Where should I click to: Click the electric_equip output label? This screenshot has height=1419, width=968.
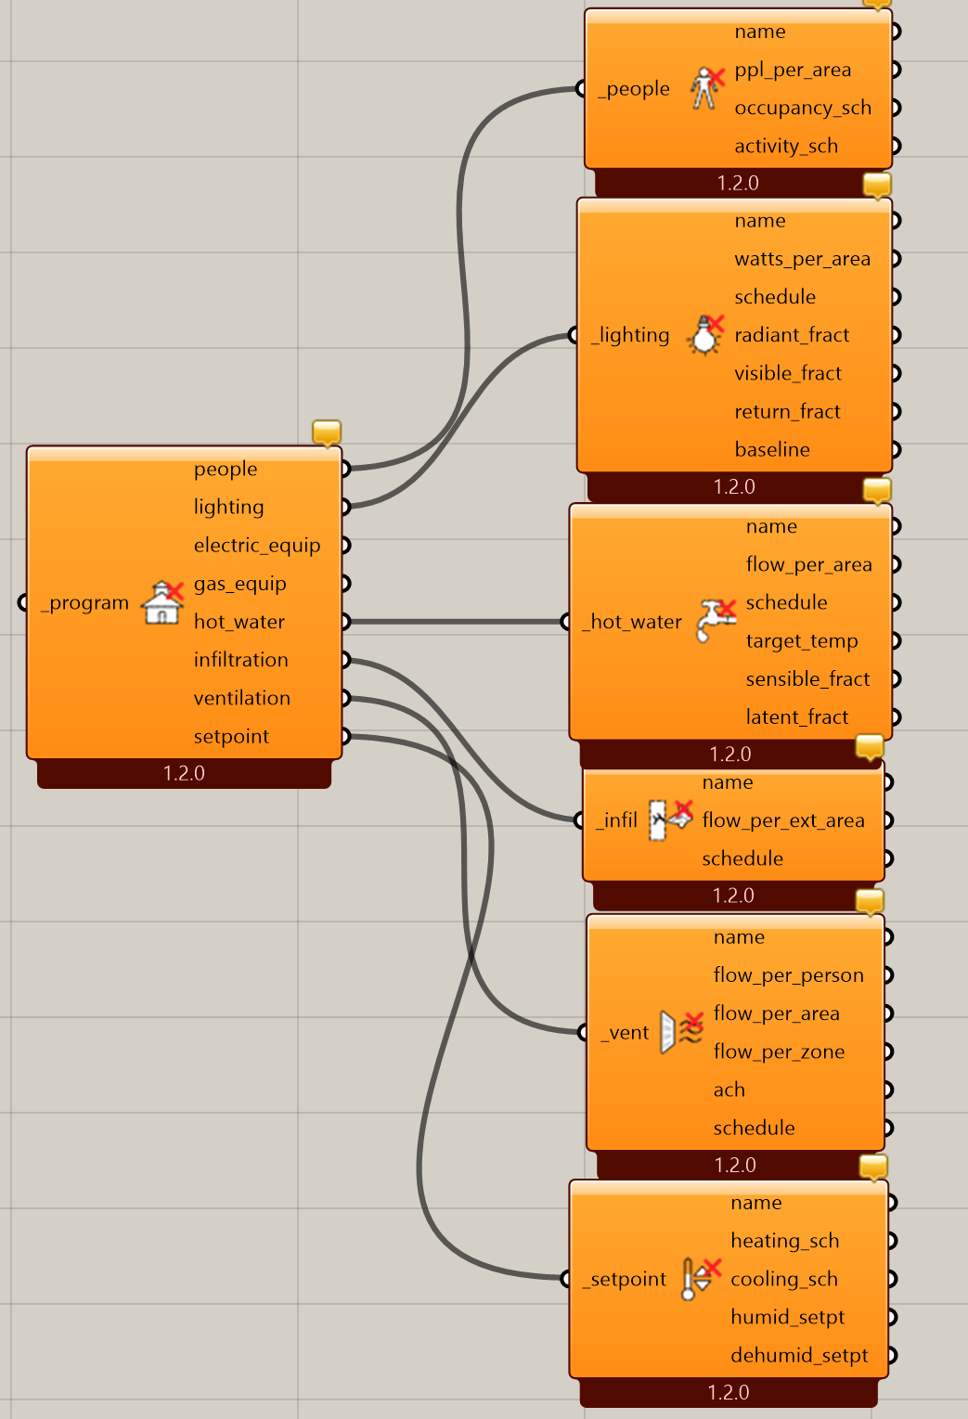pyautogui.click(x=256, y=546)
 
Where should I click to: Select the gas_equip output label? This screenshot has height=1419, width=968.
pyautogui.click(x=239, y=584)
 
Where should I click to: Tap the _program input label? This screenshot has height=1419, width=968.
pyautogui.click(x=84, y=602)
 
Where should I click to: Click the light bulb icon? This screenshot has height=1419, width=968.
pyautogui.click(x=705, y=334)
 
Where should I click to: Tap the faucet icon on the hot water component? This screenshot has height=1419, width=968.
pyautogui.click(x=716, y=621)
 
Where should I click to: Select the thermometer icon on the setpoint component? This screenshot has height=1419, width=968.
pyautogui.click(x=701, y=1278)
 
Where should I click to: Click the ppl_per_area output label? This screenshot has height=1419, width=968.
pyautogui.click(x=793, y=70)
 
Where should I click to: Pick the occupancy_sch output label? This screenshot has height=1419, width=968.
pyautogui.click(x=803, y=108)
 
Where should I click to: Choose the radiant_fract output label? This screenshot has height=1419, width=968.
pyautogui.click(x=792, y=334)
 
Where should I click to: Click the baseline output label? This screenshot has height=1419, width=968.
pyautogui.click(x=771, y=449)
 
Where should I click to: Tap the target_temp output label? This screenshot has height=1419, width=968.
pyautogui.click(x=801, y=641)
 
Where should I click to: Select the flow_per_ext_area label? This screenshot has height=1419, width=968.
pyautogui.click(x=783, y=820)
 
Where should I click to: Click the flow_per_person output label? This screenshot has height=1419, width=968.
pyautogui.click(x=788, y=975)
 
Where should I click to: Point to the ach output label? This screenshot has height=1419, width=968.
pyautogui.click(x=729, y=1090)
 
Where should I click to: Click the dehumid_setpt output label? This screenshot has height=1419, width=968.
pyautogui.click(x=799, y=1355)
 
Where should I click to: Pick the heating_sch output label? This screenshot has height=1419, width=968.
pyautogui.click(x=784, y=1241)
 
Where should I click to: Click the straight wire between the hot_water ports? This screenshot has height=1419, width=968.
pyautogui.click(x=456, y=622)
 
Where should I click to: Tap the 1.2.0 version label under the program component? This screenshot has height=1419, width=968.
pyautogui.click(x=184, y=773)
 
